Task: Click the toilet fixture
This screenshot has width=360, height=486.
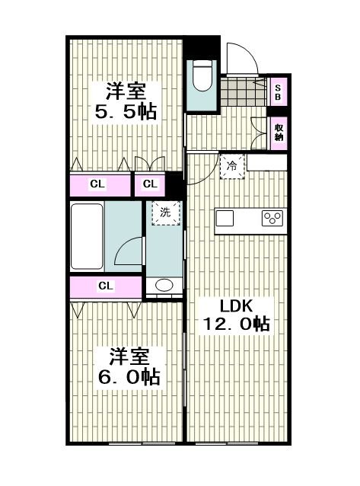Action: pyautogui.click(x=202, y=75)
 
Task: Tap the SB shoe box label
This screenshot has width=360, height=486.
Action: pyautogui.click(x=278, y=92)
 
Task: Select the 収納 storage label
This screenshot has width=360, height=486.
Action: pyautogui.click(x=279, y=133)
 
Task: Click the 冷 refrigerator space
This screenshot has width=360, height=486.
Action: pyautogui.click(x=232, y=166)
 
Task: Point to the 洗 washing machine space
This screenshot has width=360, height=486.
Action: pyautogui.click(x=165, y=213)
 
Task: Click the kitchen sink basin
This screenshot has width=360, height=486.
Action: pyautogui.click(x=225, y=218)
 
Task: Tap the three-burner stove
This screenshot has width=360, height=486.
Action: pyautogui.click(x=272, y=218)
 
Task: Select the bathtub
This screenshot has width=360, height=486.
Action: pyautogui.click(x=87, y=236)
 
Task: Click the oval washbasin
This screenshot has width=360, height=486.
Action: pyautogui.click(x=164, y=285)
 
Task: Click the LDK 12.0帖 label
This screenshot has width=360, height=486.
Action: pyautogui.click(x=236, y=315)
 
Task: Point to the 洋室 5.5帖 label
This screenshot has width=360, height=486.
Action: pyautogui.click(x=126, y=101)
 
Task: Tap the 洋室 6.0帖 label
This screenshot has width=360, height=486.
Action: pyautogui.click(x=129, y=366)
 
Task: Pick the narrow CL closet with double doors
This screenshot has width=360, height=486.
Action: pyautogui.click(x=150, y=185)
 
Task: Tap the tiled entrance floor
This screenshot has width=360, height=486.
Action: pyautogui.click(x=244, y=91)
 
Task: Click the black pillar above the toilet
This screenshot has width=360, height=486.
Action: pyautogui.click(x=202, y=48)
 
